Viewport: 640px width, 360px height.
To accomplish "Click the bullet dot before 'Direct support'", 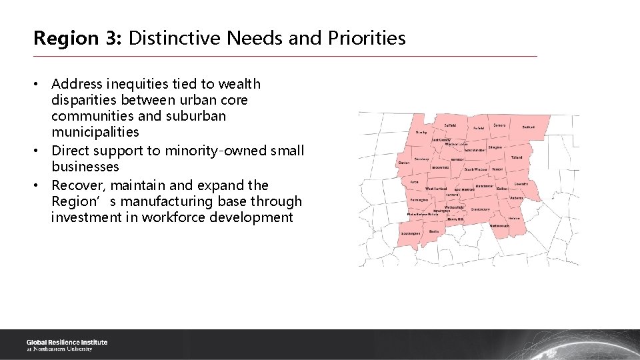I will (39, 151).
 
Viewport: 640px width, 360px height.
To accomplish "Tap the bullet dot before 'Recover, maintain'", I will (39, 185).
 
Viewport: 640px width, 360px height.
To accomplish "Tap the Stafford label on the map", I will (528, 127).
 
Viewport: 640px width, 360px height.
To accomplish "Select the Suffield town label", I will (450, 125).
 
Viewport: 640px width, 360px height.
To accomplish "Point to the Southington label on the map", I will (411, 234).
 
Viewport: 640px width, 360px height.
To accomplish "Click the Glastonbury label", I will (480, 209).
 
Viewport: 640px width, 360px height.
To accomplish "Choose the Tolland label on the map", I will (516, 157).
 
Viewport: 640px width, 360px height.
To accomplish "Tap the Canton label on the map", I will (403, 163).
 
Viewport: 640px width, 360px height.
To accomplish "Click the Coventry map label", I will (521, 183).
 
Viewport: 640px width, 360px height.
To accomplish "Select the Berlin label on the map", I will (434, 231).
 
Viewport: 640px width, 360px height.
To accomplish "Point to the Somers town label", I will (499, 125).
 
